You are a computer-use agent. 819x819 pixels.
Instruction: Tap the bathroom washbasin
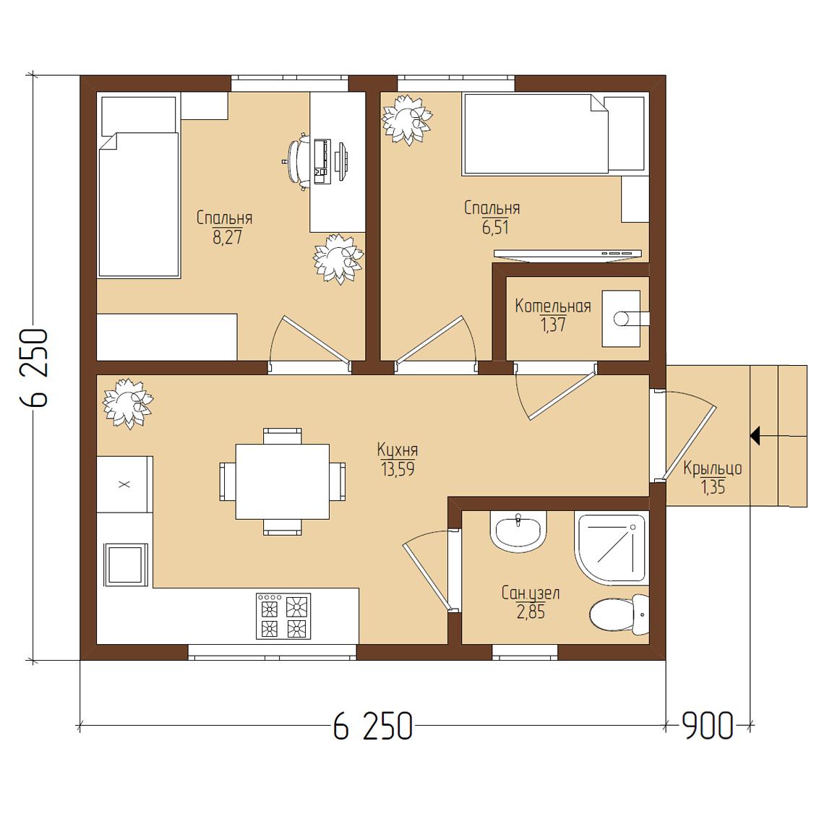click(x=518, y=531)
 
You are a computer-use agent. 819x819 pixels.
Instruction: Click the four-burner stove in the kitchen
click(x=283, y=616)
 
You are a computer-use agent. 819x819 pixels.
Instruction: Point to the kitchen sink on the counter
click(x=125, y=565)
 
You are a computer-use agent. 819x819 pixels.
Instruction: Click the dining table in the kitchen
click(x=283, y=481)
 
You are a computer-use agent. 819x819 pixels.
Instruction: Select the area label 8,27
click(x=227, y=238)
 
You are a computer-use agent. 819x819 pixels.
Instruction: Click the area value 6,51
click(x=495, y=227)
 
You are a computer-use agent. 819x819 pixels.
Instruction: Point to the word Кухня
click(x=398, y=450)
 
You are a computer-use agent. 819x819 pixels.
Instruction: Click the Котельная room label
click(x=552, y=306)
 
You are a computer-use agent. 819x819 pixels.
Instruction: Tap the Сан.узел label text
click(x=530, y=593)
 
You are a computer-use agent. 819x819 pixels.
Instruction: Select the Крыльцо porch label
click(x=713, y=468)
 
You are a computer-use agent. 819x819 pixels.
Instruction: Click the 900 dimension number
click(x=708, y=726)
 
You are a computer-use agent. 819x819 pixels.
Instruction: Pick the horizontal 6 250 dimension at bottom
click(x=372, y=726)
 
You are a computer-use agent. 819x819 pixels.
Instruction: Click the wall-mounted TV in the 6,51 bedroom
click(x=567, y=254)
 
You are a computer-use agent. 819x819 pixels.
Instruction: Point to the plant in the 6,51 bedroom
click(x=407, y=119)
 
